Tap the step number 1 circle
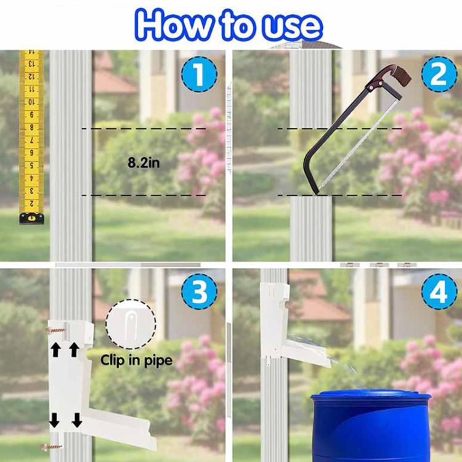[x=198, y=75]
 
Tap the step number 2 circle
[x=439, y=75]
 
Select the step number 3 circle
[x=198, y=293]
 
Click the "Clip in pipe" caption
[x=136, y=360]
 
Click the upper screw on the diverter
[x=54, y=331]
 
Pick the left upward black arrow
[x=55, y=351]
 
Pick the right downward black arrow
[x=77, y=421]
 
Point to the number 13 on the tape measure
[x=31, y=65]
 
